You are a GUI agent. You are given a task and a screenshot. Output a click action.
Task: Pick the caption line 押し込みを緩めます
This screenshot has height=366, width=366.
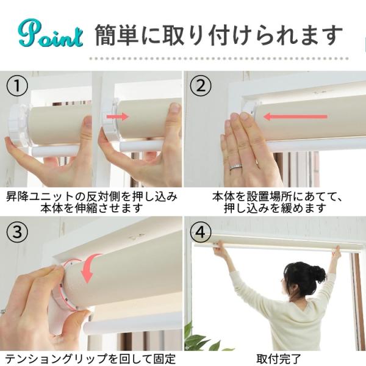pos(274,208)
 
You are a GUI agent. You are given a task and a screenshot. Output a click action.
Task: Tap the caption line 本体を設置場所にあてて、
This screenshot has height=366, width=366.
pos(274,196)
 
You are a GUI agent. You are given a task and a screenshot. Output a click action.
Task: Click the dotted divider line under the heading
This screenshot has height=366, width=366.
pos(226,59)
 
